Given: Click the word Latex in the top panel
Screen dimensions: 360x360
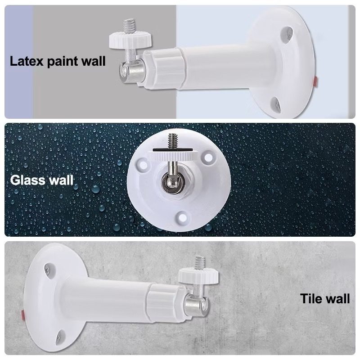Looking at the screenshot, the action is tap(27, 61).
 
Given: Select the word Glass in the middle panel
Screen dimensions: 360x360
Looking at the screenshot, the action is tap(27, 180).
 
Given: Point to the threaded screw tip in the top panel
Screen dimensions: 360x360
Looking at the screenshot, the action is tap(129, 26).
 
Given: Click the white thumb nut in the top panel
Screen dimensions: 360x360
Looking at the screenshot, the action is tap(130, 40).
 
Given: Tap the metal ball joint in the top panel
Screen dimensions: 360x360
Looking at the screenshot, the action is tap(131, 72).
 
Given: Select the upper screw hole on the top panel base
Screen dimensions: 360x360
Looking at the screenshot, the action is tap(287, 34).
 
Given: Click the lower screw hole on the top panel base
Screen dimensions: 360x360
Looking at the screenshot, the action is tap(275, 105).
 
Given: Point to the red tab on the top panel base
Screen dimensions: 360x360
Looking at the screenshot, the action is tap(315, 82).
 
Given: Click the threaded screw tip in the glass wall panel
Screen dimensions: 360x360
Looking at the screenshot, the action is tap(172, 141).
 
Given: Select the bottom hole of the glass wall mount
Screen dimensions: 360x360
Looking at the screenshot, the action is tap(182, 217).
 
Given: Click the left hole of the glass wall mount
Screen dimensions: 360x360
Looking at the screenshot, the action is tap(143, 164).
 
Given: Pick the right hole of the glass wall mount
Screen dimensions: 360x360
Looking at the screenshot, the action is tap(208, 157).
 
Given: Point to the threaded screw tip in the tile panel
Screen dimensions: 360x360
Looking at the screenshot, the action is tap(200, 263).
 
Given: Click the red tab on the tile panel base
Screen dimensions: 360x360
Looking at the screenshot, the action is tap(23, 315).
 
